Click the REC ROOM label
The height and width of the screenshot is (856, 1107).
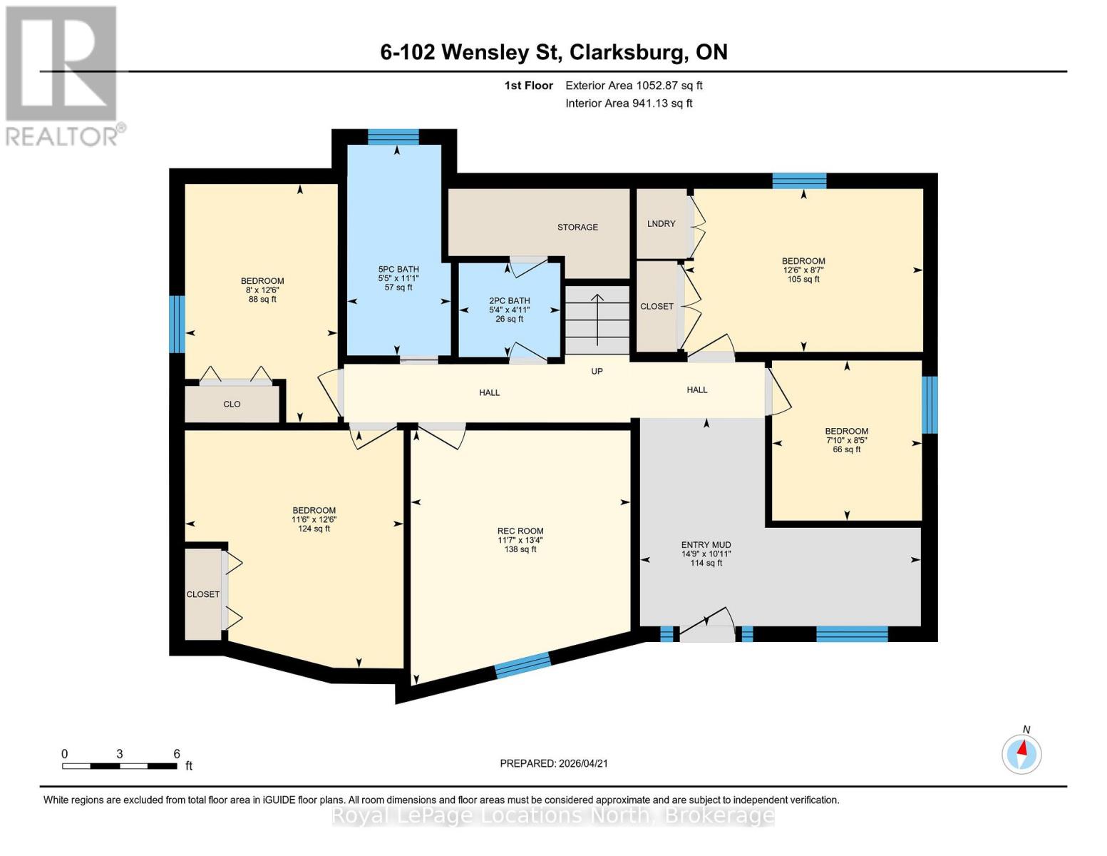pyautogui.click(x=520, y=531)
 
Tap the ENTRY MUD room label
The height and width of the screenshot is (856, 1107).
pyautogui.click(x=706, y=545)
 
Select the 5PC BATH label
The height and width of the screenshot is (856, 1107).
pyautogui.click(x=398, y=270)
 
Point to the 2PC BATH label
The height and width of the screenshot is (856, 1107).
pyautogui.click(x=509, y=301)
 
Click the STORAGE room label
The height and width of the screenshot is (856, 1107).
pyautogui.click(x=577, y=228)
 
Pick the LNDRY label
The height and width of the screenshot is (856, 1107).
pyautogui.click(x=661, y=224)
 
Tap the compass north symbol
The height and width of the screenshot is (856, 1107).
pyautogui.click(x=1021, y=753)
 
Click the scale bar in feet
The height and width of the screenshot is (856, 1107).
pyautogui.click(x=120, y=765)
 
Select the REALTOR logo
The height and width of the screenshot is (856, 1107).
pyautogui.click(x=62, y=75)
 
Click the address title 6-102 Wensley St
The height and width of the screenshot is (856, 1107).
pyautogui.click(x=553, y=52)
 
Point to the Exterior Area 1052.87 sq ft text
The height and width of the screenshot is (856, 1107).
pyautogui.click(x=634, y=86)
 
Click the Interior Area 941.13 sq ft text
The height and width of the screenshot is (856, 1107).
pyautogui.click(x=629, y=103)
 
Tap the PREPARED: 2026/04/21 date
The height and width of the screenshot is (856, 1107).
pyautogui.click(x=554, y=763)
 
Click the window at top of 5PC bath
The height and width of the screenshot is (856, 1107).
pyautogui.click(x=393, y=137)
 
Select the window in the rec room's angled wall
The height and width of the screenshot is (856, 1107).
pyautogui.click(x=523, y=665)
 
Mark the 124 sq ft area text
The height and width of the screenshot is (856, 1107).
pyautogui.click(x=314, y=529)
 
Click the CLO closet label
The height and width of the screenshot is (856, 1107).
pyautogui.click(x=232, y=404)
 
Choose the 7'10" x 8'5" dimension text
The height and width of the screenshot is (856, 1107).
pyautogui.click(x=847, y=441)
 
